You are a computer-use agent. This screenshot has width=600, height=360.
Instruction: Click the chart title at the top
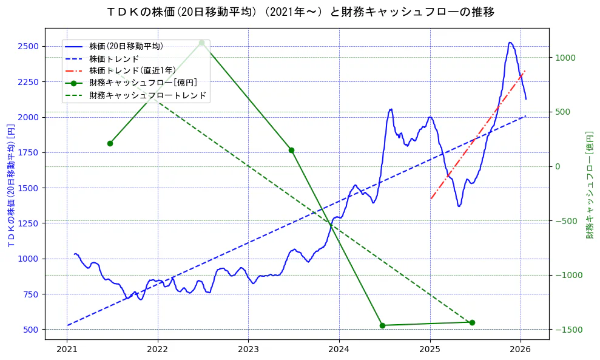pos(300,12)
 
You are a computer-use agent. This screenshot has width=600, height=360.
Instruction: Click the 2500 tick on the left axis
pos(28,46)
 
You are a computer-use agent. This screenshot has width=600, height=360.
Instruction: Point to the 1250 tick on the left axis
pos(28,223)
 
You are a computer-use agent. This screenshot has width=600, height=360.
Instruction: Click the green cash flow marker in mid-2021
pos(110,143)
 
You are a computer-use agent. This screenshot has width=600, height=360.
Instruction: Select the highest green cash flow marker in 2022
pos(201,42)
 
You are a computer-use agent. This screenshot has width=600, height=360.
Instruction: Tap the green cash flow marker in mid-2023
pos(291,150)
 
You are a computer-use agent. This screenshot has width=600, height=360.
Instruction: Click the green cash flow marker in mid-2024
pos(382,325)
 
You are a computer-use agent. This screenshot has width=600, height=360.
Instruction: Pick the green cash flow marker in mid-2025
pos(472,322)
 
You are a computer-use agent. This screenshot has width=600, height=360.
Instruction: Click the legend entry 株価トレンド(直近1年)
pos(130,70)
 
